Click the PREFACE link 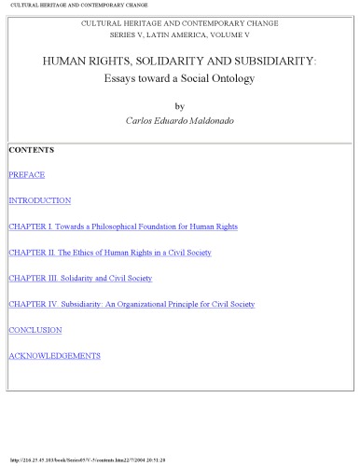pyautogui.click(x=26, y=174)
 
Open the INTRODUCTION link pyautogui.click(x=39, y=200)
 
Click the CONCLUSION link pyautogui.click(x=35, y=330)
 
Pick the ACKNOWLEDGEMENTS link pyautogui.click(x=54, y=356)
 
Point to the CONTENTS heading pyautogui.click(x=31, y=149)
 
